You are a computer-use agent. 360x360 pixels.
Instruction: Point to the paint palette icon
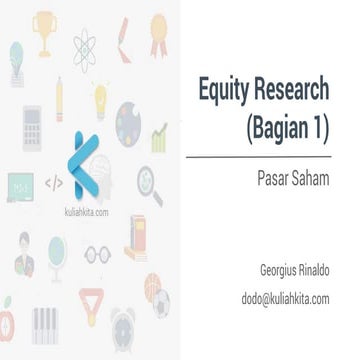tap(129, 122)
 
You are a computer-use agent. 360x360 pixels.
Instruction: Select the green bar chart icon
tap(158, 136)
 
